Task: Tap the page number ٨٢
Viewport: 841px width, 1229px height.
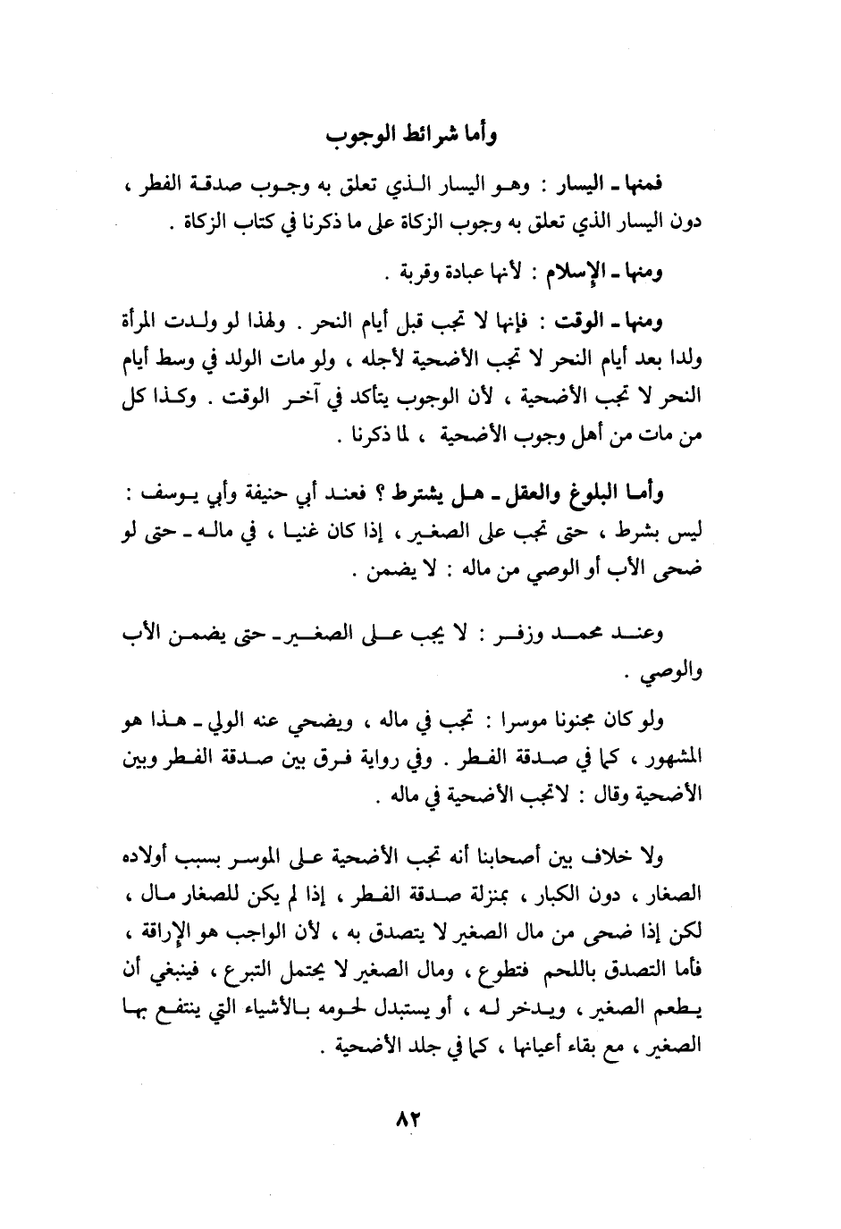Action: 407,1120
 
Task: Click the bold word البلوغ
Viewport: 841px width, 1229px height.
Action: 591,493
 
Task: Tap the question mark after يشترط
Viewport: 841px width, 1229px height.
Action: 379,493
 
